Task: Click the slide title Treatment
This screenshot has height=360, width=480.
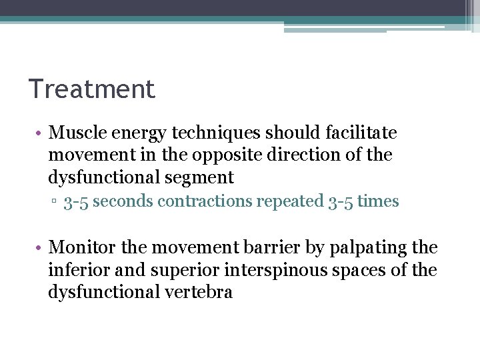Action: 91,89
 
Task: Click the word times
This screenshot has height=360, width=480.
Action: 378,202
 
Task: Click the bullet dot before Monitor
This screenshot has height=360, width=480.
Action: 39,248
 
